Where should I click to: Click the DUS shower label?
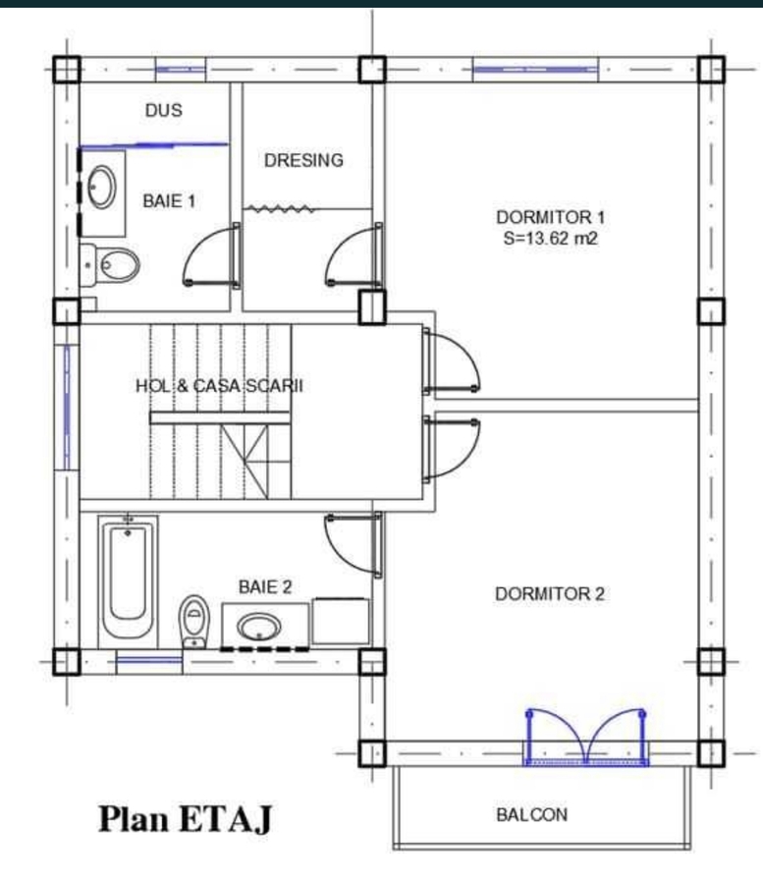164,110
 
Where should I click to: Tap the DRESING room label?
303,160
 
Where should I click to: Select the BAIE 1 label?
169,200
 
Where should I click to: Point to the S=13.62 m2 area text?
551,239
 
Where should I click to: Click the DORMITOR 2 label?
550,593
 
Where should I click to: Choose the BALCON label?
532,814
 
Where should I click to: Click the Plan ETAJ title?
186,820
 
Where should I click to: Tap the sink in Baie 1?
102,188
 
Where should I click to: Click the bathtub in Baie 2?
128,581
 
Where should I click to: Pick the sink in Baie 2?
258,627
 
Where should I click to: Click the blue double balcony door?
586,737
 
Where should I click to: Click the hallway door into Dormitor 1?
452,360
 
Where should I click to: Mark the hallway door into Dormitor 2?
452,449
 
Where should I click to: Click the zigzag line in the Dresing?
281,209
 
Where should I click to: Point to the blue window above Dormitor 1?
535,70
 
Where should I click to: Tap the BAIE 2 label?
265,587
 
